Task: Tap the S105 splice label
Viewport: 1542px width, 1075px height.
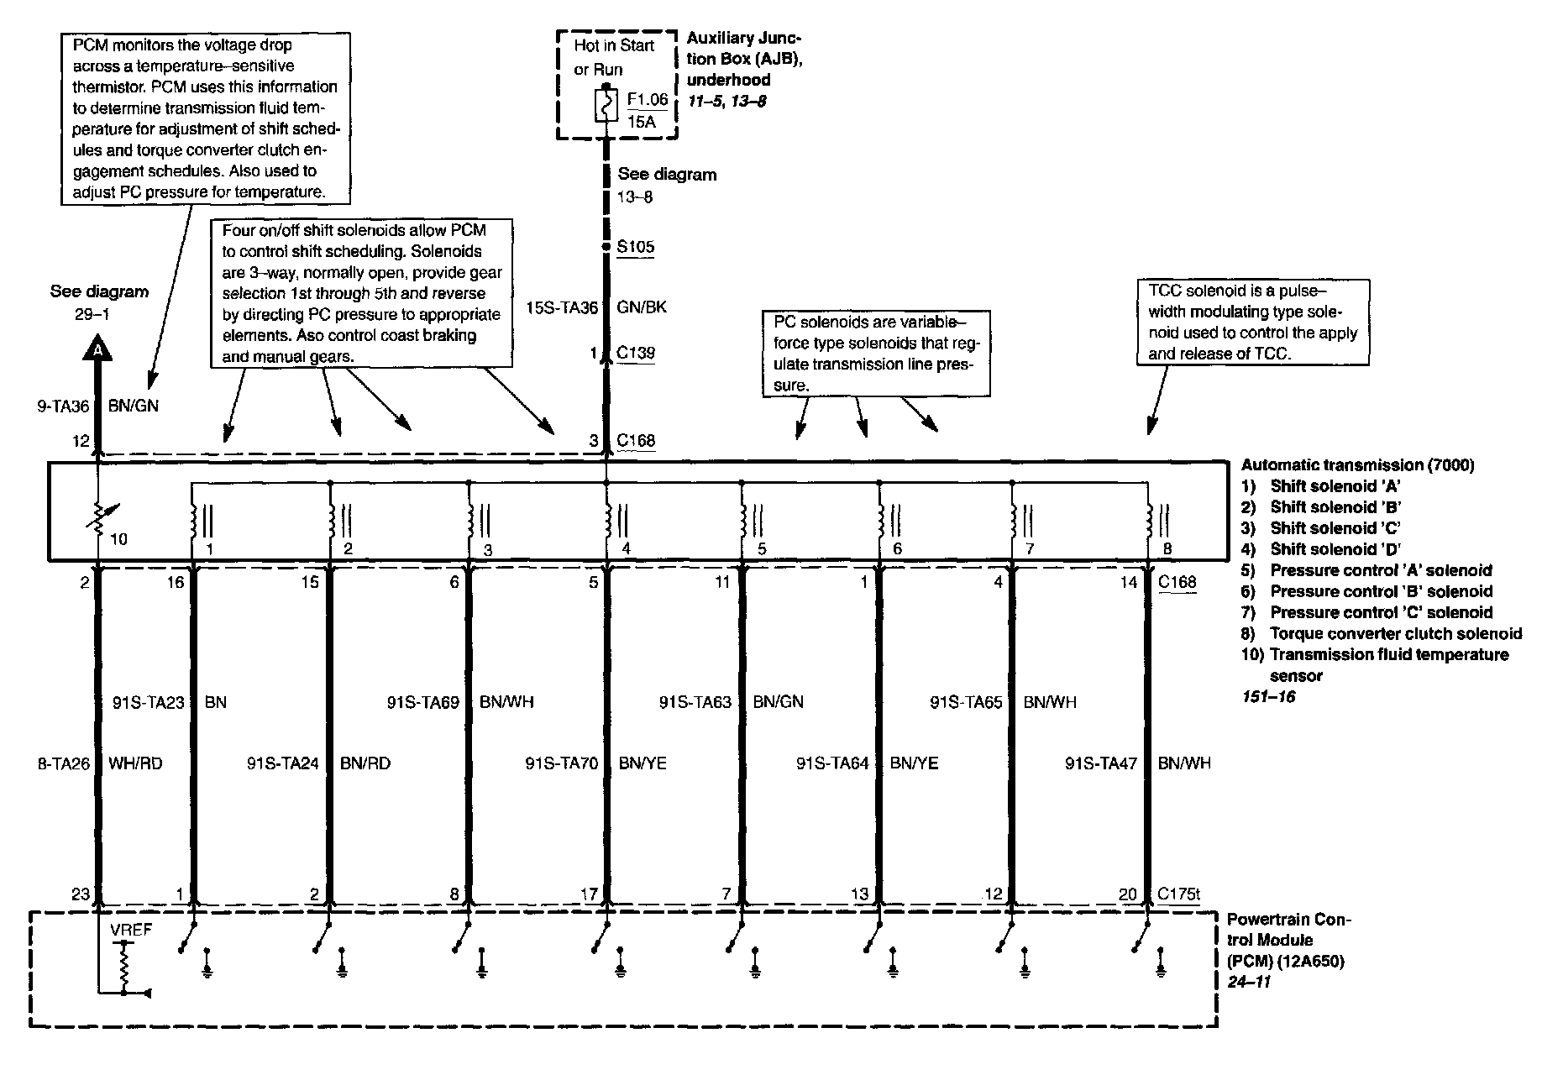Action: point(635,247)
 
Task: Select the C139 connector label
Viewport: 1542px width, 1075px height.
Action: point(635,353)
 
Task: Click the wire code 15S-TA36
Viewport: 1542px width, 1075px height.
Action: point(562,307)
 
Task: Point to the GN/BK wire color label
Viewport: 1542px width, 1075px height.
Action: point(642,307)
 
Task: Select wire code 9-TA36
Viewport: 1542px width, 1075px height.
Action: point(62,406)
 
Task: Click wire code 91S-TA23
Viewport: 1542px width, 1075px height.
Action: point(148,702)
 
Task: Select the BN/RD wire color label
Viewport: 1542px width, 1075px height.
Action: point(365,763)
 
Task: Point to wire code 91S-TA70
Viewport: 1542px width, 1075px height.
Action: point(562,763)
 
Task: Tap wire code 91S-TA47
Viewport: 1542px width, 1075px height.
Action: point(1101,763)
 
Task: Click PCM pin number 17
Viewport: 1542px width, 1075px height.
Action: point(589,894)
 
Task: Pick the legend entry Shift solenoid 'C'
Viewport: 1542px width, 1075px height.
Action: point(1334,528)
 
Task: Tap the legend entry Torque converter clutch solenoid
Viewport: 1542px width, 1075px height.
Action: point(1395,634)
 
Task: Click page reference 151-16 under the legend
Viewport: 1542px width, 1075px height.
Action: point(1268,697)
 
